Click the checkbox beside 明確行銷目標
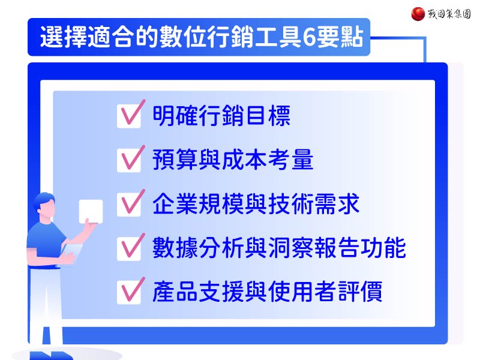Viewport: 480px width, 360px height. tap(129, 116)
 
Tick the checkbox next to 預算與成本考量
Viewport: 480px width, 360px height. tap(129, 160)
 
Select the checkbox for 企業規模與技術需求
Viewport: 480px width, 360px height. tap(129, 205)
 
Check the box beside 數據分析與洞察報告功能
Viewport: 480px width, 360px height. tap(129, 249)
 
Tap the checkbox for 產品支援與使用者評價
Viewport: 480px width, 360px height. tap(129, 293)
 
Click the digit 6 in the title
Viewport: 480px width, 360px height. tap(309, 37)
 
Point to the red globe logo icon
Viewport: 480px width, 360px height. tap(418, 14)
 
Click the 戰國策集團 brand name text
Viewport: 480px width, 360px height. tap(449, 14)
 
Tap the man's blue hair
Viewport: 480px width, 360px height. tap(44, 199)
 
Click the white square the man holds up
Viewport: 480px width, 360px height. tap(91, 211)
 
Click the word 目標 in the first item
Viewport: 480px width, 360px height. tap(268, 115)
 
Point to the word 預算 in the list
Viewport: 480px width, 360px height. tap(175, 160)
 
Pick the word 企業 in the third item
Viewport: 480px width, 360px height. tap(175, 204)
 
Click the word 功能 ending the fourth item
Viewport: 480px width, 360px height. tap(383, 248)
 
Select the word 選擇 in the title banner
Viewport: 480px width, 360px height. tap(64, 37)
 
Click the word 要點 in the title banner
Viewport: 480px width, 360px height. tap(340, 37)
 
